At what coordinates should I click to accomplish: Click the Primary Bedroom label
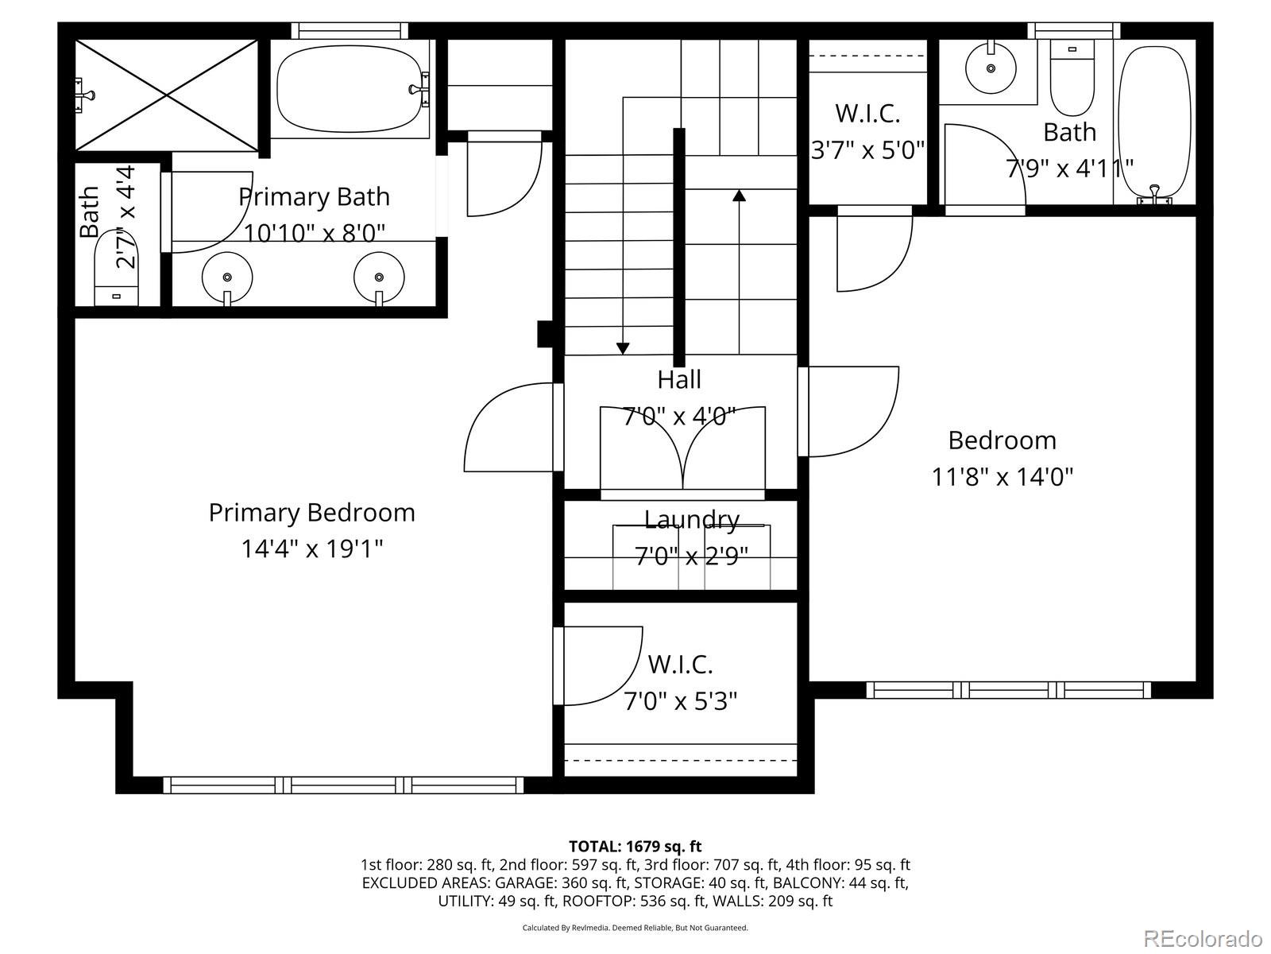311,513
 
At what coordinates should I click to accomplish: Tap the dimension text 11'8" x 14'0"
1002,477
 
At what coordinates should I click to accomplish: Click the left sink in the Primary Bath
227,277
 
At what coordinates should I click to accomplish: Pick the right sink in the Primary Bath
378,277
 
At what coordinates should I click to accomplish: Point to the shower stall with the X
167,95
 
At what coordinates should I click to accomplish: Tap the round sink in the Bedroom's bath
991,67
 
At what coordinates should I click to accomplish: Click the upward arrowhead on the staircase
740,195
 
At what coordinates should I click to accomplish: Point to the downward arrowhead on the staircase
623,348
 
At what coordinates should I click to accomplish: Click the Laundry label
691,520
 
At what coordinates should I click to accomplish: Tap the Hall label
679,380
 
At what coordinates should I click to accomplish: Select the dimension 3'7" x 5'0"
867,149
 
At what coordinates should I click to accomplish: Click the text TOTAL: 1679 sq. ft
635,846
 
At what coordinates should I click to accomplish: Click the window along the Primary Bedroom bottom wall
343,785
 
